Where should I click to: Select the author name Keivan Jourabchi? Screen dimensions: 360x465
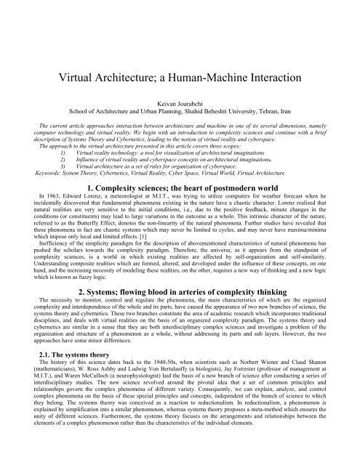[180, 103]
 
